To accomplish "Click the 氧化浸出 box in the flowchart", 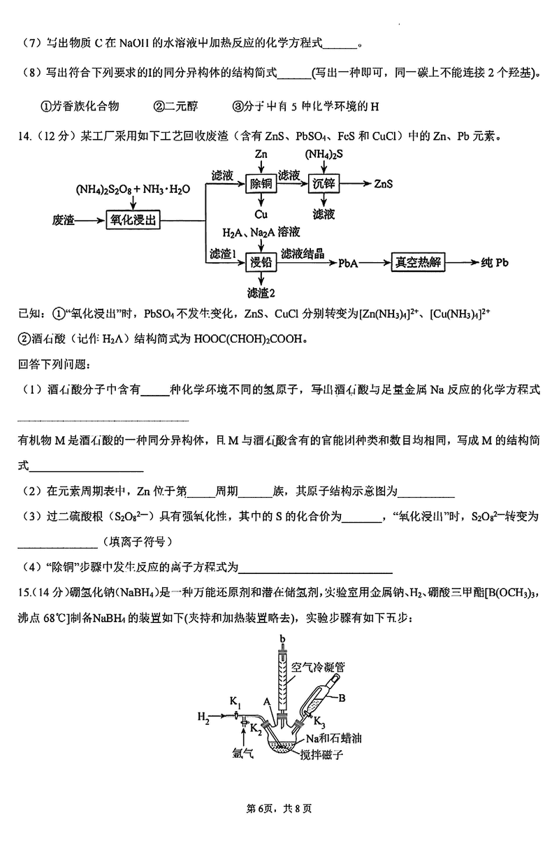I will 131,220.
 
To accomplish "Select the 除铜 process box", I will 259,183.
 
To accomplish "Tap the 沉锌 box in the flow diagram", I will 324,183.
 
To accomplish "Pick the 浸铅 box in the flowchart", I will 259,263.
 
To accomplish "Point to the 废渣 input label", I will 64,220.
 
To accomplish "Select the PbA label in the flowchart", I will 349,264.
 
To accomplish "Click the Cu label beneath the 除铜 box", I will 260,214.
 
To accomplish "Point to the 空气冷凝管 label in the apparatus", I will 317,668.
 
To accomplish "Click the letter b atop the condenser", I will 282,640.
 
